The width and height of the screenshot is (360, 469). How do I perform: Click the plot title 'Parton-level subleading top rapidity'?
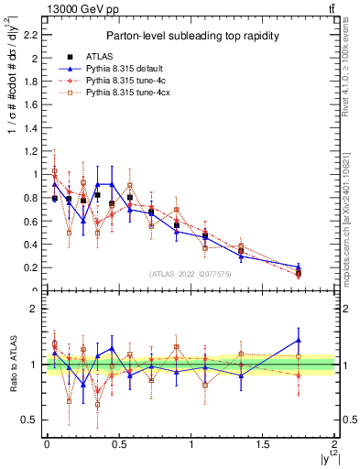point(191,36)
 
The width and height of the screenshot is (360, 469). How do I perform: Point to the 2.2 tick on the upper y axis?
point(35,36)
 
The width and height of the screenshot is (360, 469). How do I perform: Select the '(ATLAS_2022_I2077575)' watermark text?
point(191,274)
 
